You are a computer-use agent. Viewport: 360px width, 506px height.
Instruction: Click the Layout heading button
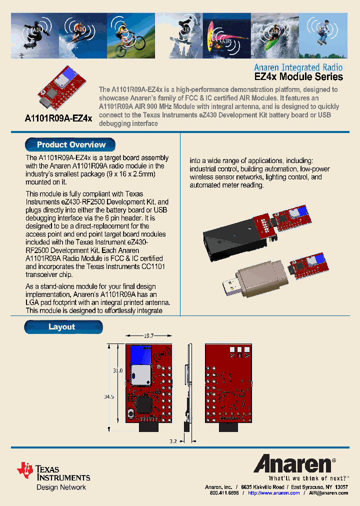tap(63, 327)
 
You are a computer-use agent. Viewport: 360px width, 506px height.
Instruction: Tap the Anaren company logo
tap(294, 464)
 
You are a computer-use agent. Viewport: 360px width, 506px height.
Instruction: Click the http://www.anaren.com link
tap(273, 493)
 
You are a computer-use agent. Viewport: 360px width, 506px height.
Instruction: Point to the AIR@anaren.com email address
tap(328, 493)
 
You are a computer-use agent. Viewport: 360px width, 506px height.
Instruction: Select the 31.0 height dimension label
tap(117, 370)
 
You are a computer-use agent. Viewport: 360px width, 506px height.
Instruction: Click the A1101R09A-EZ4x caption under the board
tap(58, 118)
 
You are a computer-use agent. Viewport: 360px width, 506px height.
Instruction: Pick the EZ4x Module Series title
tap(299, 77)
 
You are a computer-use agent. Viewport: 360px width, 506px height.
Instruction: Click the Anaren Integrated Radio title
tap(298, 67)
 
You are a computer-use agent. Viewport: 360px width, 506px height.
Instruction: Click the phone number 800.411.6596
tap(224, 493)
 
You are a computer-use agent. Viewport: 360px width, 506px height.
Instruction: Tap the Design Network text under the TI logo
tap(61, 487)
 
